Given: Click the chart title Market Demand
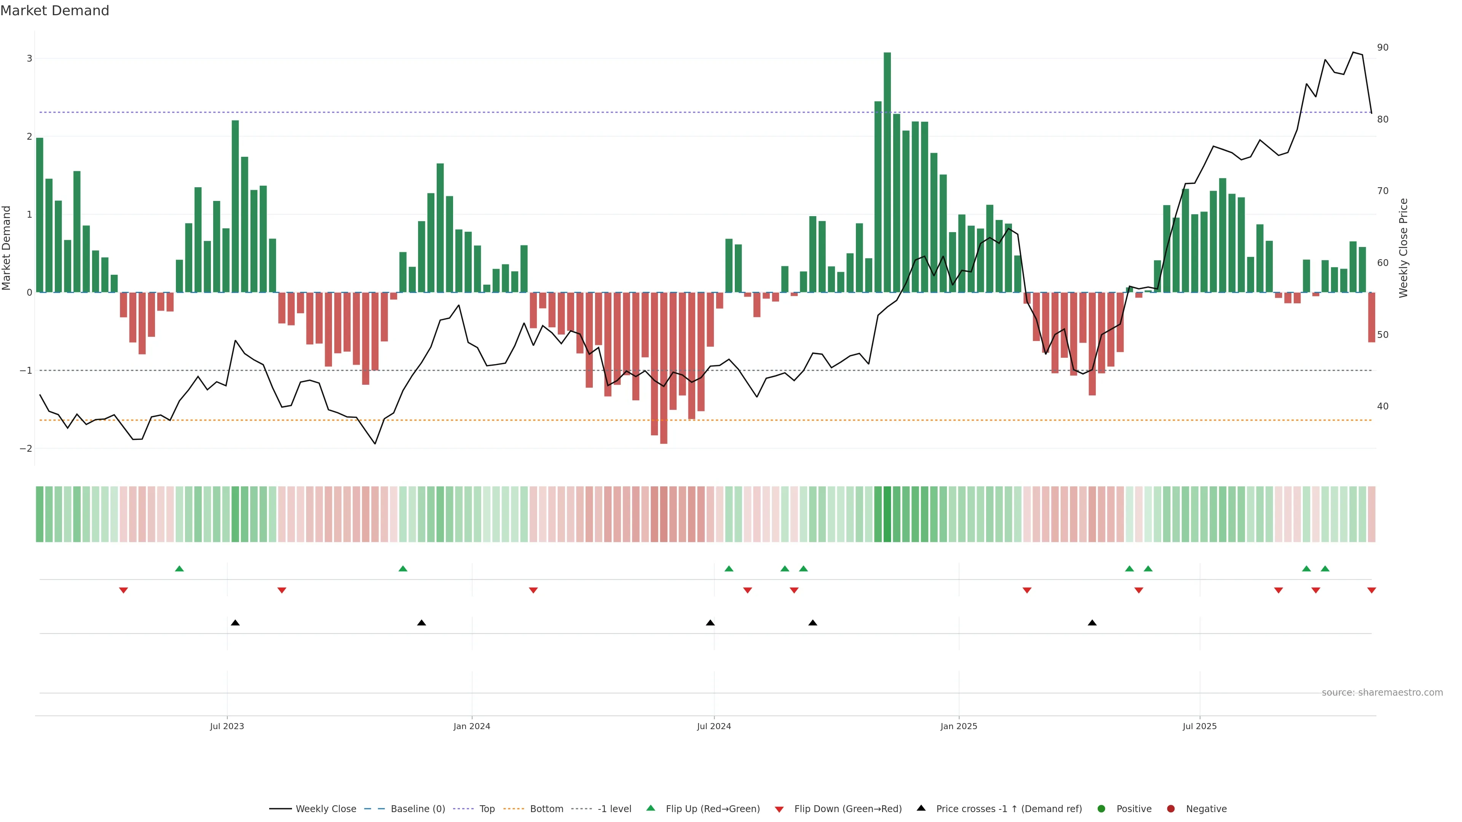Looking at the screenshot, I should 54,11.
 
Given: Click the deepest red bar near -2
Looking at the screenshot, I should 664,369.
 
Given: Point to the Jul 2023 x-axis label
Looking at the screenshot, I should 227,726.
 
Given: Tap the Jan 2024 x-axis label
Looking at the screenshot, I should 472,726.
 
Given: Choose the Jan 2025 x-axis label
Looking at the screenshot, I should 959,726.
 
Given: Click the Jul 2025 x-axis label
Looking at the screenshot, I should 1199,726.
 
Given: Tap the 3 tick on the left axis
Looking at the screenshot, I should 30,59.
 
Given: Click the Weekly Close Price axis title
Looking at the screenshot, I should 1403,248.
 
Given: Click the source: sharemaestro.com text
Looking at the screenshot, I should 1382,693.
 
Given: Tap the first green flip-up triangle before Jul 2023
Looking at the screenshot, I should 179,569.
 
